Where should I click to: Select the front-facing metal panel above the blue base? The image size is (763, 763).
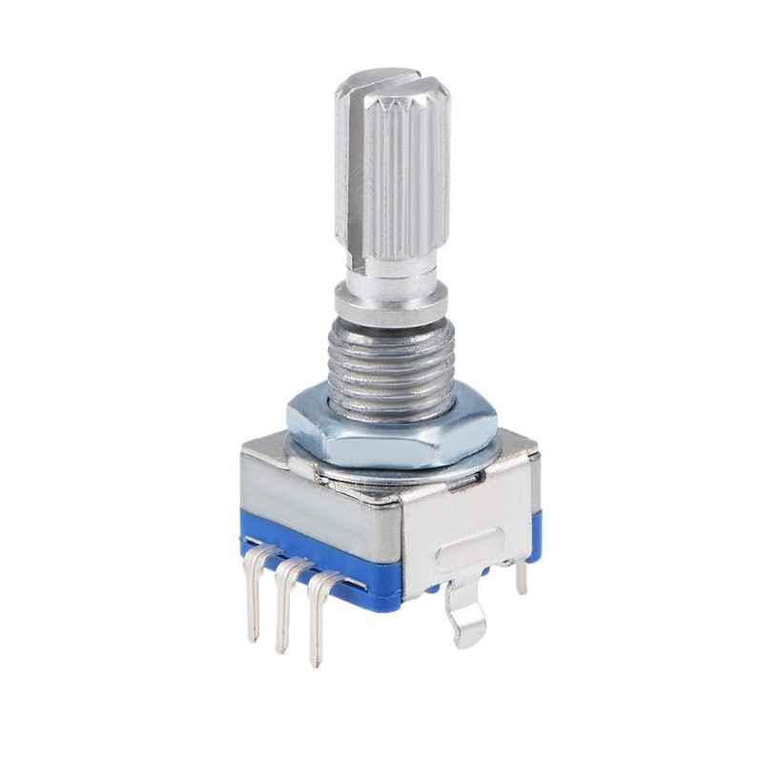point(315,515)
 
